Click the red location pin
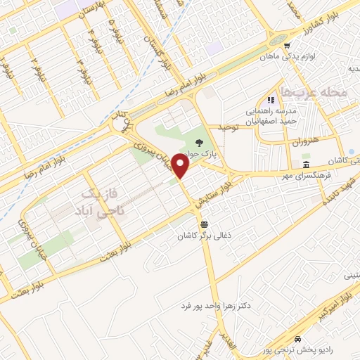[x=181, y=167]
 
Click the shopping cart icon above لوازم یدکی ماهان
[x=286, y=43]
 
